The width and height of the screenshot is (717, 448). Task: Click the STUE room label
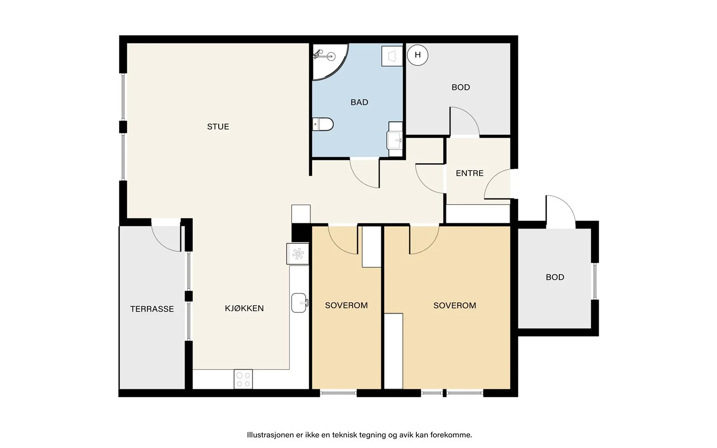218,127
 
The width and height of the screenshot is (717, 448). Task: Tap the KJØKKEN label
244,308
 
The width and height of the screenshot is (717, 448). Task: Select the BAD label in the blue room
359,102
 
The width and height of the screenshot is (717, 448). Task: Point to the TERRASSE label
152,309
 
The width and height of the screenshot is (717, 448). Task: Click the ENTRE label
470,173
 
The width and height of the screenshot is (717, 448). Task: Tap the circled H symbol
417,55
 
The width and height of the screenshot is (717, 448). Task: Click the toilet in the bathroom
323,124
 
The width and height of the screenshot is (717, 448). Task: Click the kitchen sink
299,303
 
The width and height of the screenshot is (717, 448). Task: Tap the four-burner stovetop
243,379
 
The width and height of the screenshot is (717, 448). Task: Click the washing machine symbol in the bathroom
392,56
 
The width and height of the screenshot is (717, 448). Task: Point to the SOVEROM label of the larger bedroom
454,306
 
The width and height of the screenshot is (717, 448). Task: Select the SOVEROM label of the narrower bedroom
346,305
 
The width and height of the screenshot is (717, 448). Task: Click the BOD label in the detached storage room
555,277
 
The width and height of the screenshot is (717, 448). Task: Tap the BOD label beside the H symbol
461,87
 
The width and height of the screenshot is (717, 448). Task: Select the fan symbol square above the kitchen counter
298,254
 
